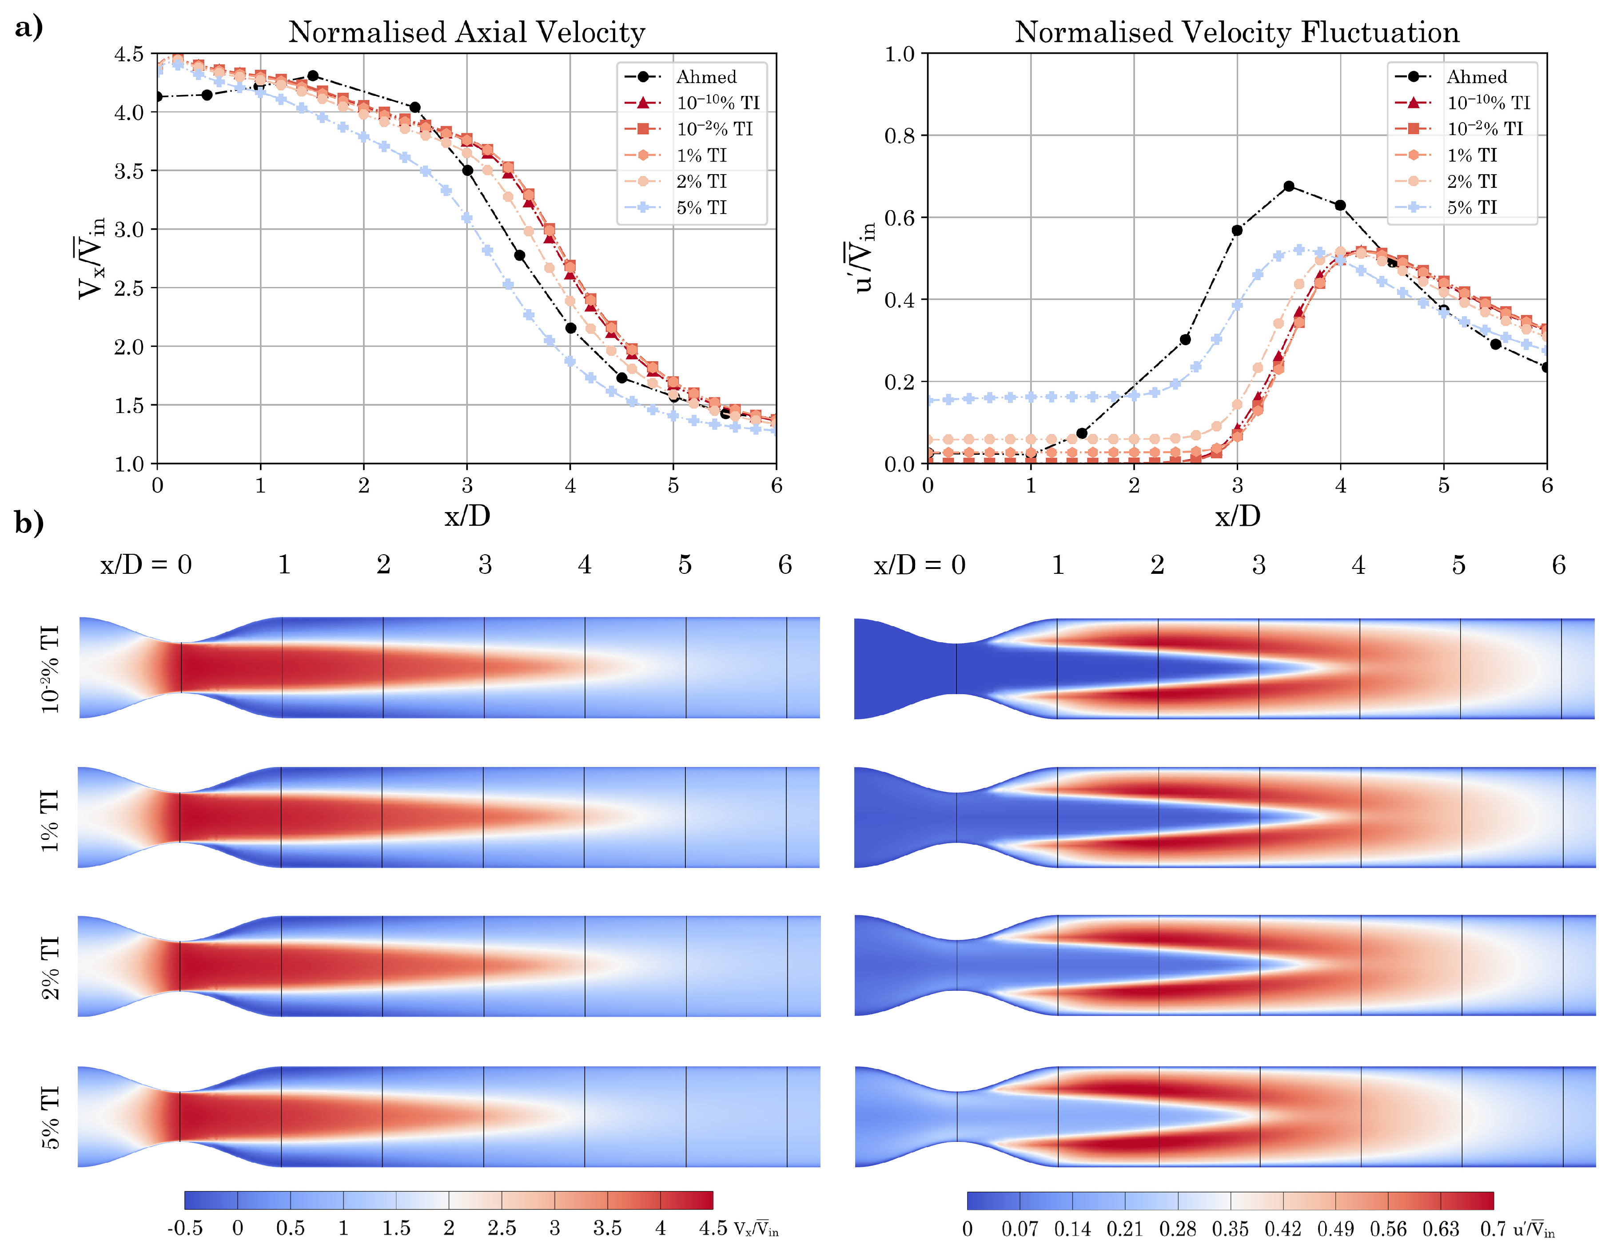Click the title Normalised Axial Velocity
(466, 32)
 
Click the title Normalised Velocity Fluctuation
(1236, 32)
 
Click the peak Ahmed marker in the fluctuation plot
(1289, 187)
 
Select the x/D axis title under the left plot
(467, 516)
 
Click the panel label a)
(28, 28)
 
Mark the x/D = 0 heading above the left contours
(146, 565)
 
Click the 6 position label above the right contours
(1558, 565)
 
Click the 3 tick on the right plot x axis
(1237, 485)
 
